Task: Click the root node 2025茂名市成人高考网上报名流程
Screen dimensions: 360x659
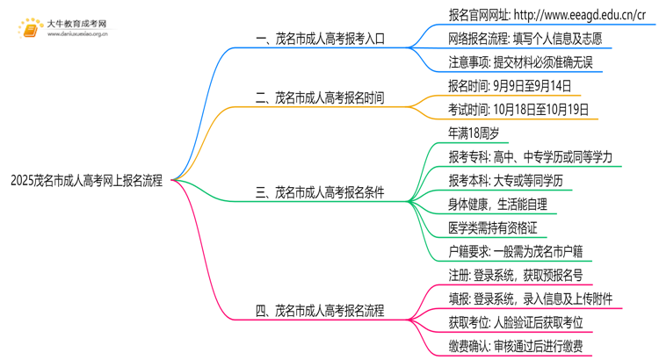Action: [x=86, y=181]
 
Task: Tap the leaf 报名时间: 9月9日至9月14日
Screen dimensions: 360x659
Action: [x=510, y=86]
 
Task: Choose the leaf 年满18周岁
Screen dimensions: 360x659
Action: [x=474, y=133]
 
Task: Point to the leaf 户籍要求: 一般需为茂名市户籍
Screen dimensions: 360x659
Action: [x=515, y=252]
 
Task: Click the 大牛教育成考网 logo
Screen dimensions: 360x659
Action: [x=62, y=29]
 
